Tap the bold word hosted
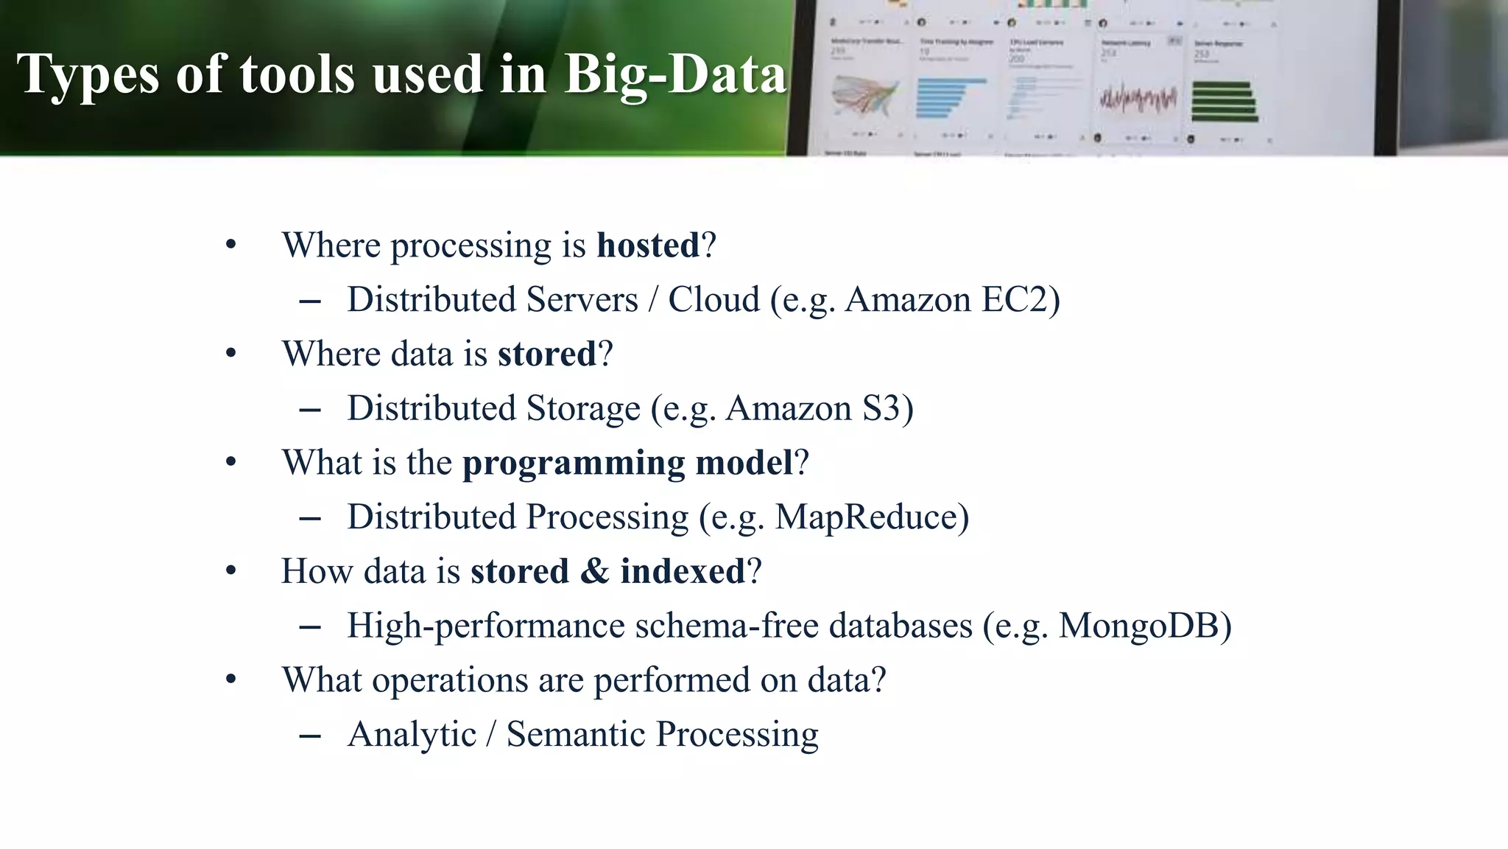[648, 245]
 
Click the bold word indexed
[683, 571]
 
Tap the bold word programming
[574, 464]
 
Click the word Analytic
[412, 734]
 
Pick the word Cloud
[714, 300]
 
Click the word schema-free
[727, 626]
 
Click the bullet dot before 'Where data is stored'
[231, 354]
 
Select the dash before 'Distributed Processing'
[310, 518]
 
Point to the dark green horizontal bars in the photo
[1224, 102]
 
